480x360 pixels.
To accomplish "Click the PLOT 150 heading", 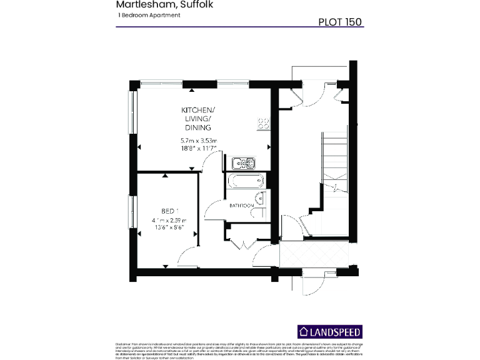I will (x=340, y=21).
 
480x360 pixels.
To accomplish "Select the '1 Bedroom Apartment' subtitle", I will (x=148, y=15).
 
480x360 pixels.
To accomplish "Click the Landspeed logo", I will (x=329, y=331).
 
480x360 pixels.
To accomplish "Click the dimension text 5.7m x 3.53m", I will (x=198, y=141).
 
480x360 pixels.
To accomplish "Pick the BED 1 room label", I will (x=169, y=211).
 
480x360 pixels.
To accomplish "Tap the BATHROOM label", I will (x=241, y=205).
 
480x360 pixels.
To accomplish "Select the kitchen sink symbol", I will (x=243, y=163).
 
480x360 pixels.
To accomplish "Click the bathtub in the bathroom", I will (x=246, y=182).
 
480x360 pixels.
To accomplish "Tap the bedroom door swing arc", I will (x=186, y=256).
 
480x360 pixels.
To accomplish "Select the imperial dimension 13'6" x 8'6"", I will (x=169, y=227).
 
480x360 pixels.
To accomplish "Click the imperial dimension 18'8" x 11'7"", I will (x=198, y=149).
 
